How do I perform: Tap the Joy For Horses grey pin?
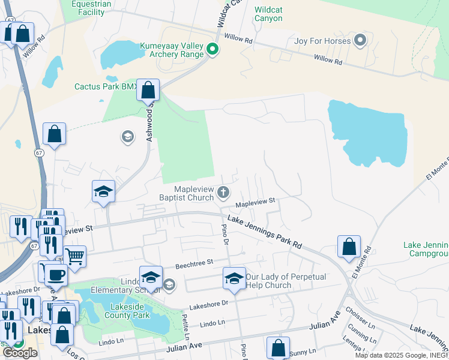tap(360, 41)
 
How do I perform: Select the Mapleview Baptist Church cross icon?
tap(223, 193)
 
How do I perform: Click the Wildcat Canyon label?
tap(268, 14)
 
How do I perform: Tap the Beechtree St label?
tap(194, 263)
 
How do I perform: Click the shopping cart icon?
tap(75, 256)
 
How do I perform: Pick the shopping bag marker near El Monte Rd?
tap(349, 246)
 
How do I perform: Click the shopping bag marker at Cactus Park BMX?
tap(148, 90)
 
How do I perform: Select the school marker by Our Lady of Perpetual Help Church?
tap(234, 278)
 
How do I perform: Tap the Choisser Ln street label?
tap(360, 316)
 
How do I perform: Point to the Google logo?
tap(20, 353)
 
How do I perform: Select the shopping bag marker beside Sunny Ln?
tap(278, 347)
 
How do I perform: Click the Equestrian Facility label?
tap(91, 7)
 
